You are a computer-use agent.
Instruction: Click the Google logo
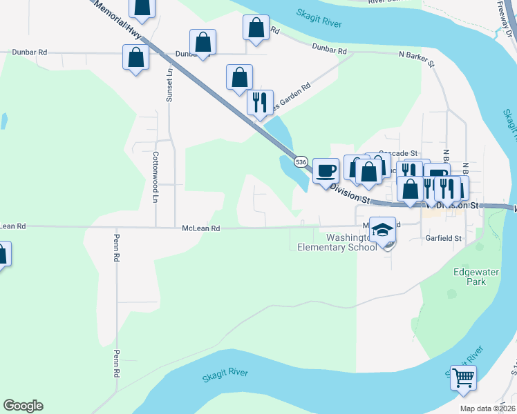(23, 406)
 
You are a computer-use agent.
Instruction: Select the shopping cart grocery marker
(463, 377)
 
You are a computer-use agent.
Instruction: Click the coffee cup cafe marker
(325, 170)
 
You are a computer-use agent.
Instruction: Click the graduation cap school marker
(382, 230)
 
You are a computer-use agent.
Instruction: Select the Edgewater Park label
(476, 277)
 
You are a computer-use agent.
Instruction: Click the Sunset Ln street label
(169, 84)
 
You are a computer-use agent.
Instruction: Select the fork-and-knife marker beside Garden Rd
(260, 103)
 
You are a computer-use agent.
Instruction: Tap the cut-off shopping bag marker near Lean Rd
(2, 255)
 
